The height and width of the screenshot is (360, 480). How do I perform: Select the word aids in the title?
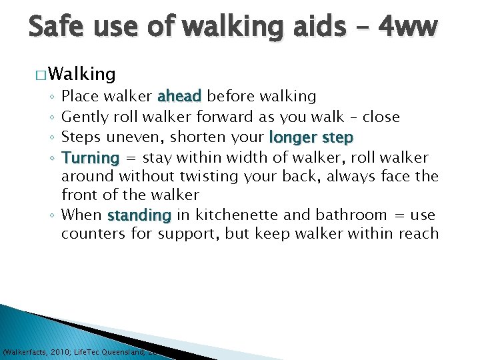pyautogui.click(x=311, y=27)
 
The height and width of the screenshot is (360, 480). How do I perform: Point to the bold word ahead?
pyautogui.click(x=179, y=96)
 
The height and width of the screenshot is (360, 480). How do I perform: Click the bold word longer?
pyautogui.click(x=293, y=137)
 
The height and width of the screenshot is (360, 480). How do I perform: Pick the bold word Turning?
pyautogui.click(x=89, y=158)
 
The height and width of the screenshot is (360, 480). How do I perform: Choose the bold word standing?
pyautogui.click(x=139, y=215)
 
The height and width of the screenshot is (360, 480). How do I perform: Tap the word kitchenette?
pyautogui.click(x=231, y=215)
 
